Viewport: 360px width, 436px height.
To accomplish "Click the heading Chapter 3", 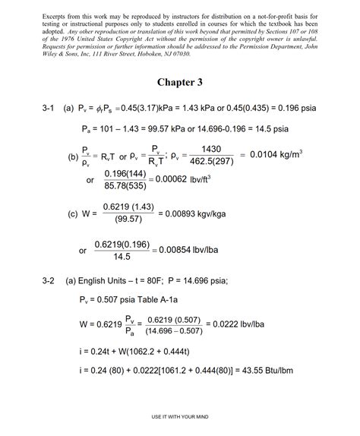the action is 180,82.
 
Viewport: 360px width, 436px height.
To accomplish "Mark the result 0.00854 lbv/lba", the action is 192,250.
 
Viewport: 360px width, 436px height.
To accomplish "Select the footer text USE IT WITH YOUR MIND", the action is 180,416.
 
